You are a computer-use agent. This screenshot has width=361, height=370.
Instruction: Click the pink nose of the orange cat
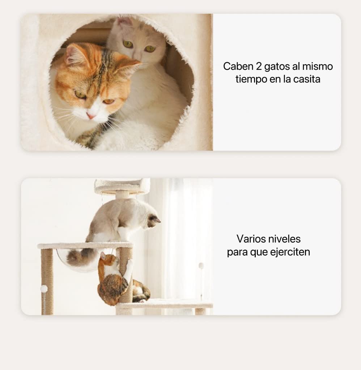(91, 116)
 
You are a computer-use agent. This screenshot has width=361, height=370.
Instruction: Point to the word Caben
(238, 66)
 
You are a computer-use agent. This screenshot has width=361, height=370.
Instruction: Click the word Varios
(251, 239)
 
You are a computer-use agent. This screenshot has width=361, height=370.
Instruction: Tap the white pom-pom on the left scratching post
(44, 288)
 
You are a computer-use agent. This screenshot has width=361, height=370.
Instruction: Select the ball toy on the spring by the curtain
(201, 266)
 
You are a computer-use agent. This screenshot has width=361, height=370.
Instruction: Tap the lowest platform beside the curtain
(165, 304)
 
